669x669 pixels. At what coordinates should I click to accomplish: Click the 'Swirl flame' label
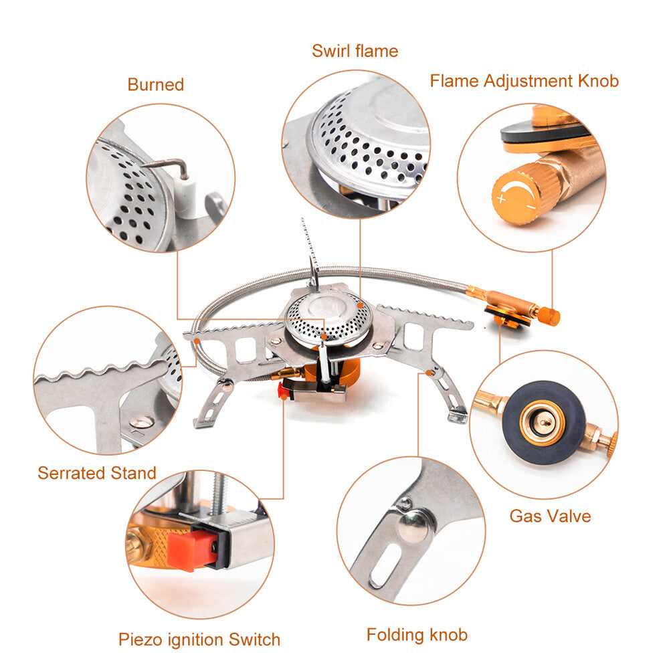(355, 52)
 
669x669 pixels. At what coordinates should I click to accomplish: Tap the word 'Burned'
(155, 85)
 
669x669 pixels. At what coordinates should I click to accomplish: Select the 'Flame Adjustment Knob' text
(524, 82)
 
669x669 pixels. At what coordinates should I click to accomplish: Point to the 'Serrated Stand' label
(97, 474)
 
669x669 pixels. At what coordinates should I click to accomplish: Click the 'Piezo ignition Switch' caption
(199, 640)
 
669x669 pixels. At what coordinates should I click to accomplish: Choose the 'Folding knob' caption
(417, 635)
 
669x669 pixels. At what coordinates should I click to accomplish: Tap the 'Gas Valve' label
(550, 516)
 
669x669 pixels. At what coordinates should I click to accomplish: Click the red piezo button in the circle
(192, 551)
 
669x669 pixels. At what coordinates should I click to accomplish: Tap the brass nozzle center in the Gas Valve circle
(543, 422)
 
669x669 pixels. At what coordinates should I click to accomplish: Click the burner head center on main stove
(328, 312)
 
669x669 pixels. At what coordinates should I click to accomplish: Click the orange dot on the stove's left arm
(198, 341)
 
